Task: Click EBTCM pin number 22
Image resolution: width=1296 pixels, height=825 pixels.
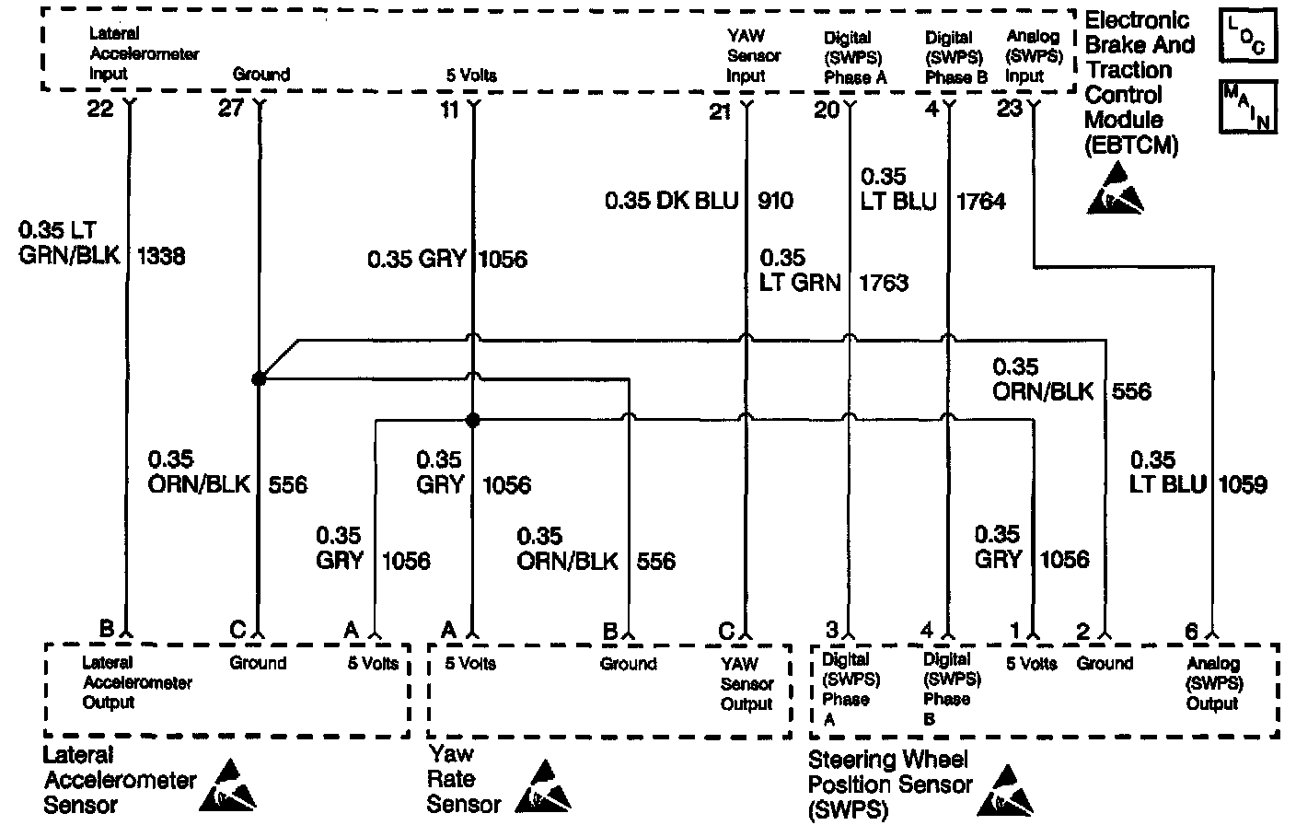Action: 99,110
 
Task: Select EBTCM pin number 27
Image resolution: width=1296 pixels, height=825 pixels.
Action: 230,110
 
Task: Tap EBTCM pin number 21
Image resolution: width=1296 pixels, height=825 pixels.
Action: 720,111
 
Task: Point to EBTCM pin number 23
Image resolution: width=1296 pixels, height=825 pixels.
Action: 1010,109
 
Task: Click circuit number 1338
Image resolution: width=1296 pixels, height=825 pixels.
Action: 160,256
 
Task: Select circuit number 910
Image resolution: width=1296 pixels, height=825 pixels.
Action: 775,200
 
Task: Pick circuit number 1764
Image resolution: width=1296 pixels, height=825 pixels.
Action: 981,201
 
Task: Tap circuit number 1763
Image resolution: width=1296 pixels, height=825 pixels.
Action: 884,282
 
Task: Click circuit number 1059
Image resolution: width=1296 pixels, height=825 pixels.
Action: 1243,483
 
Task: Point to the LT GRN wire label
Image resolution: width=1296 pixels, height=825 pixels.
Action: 800,282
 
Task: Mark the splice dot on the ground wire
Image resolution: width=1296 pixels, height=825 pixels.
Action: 259,378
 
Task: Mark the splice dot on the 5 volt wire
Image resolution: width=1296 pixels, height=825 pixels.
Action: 473,421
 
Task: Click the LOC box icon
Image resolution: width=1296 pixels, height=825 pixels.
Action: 1246,36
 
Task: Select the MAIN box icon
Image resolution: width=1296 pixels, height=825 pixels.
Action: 1246,107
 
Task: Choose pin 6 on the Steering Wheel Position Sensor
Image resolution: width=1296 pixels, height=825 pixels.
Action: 1191,632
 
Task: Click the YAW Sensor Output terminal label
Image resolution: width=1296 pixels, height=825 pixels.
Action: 746,683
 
